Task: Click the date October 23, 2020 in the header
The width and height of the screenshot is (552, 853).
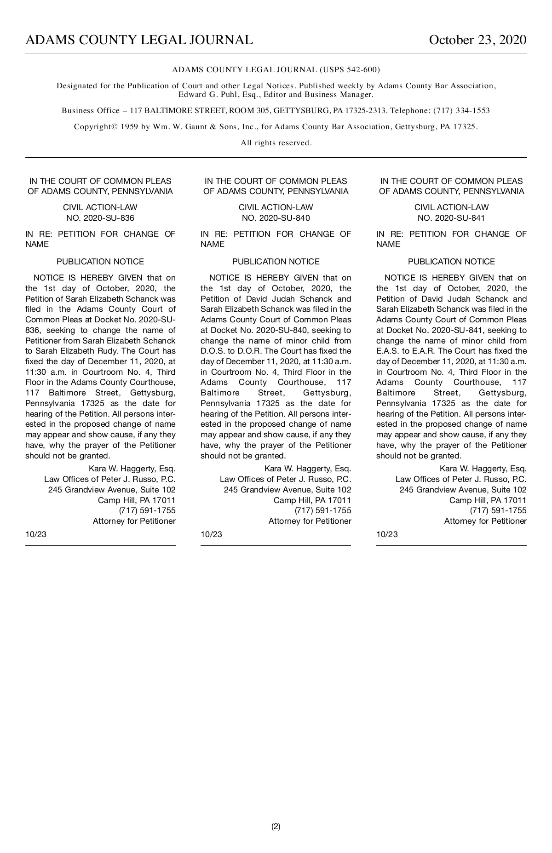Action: click(477, 40)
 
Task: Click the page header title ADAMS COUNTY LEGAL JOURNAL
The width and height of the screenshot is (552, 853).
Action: click(139, 40)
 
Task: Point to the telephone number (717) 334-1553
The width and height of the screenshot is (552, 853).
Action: click(461, 111)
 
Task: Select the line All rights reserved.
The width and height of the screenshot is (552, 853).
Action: click(276, 143)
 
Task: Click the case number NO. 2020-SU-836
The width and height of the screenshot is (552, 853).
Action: click(100, 218)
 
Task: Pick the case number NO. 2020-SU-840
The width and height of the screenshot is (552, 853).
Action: click(276, 218)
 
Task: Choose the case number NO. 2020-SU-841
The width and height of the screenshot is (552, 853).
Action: click(451, 218)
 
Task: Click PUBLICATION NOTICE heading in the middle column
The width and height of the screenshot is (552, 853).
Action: click(276, 262)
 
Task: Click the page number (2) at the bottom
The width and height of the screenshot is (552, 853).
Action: click(276, 826)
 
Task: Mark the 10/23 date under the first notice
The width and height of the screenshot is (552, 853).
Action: click(36, 534)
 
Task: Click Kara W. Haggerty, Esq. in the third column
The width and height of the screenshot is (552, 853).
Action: click(483, 469)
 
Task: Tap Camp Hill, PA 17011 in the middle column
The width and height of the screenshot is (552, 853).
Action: click(312, 500)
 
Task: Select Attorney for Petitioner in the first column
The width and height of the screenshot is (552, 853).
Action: click(134, 521)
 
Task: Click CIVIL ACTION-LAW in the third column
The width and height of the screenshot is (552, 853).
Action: click(451, 207)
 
